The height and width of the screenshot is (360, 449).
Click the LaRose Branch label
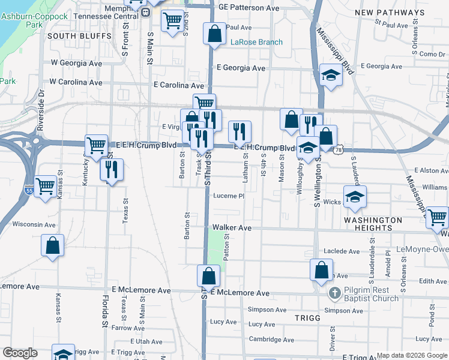[256, 43]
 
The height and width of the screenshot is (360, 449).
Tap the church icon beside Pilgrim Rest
[334, 293]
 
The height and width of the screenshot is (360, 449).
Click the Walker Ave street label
[232, 228]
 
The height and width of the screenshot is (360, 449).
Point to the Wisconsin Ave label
[34, 224]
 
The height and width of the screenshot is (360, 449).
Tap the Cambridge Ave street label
[271, 340]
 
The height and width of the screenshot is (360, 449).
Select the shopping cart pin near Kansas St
[46, 186]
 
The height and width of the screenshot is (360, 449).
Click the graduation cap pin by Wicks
[355, 196]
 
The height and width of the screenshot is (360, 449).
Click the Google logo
[20, 353]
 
